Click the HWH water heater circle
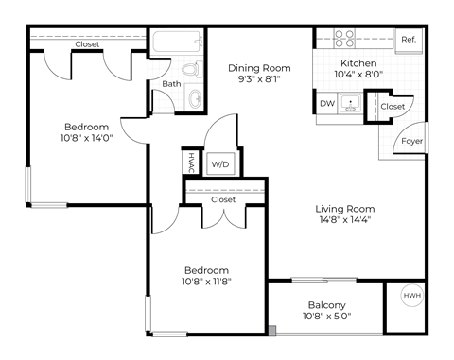click(412, 296)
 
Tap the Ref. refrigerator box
click(409, 40)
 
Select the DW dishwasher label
click(327, 103)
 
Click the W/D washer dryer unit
click(220, 163)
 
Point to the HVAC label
click(191, 163)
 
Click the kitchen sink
click(350, 103)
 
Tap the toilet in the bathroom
click(192, 69)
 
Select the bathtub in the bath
click(178, 42)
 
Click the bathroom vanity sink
click(196, 98)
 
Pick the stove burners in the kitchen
click(344, 39)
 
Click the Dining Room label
click(259, 68)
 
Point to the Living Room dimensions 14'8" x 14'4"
click(345, 219)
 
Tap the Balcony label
click(327, 305)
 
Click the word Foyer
click(411, 141)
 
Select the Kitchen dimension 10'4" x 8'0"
click(358, 75)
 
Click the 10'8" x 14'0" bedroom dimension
click(87, 138)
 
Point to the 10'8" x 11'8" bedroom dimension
click(206, 282)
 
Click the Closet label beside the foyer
click(393, 107)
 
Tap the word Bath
click(171, 84)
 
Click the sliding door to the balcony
click(323, 280)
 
